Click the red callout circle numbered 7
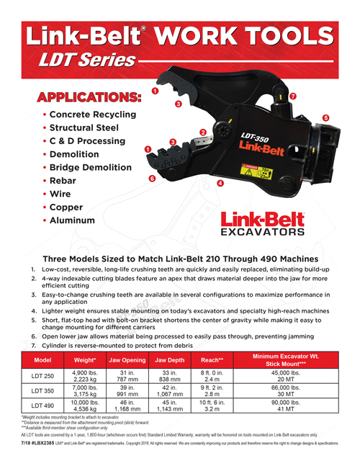click(292, 96)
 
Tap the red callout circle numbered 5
click(325, 117)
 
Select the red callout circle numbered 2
click(203, 132)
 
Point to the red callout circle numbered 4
click(220, 184)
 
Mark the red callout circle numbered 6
click(151, 177)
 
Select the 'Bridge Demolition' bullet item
click(94, 167)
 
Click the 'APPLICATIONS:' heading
click(84, 97)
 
